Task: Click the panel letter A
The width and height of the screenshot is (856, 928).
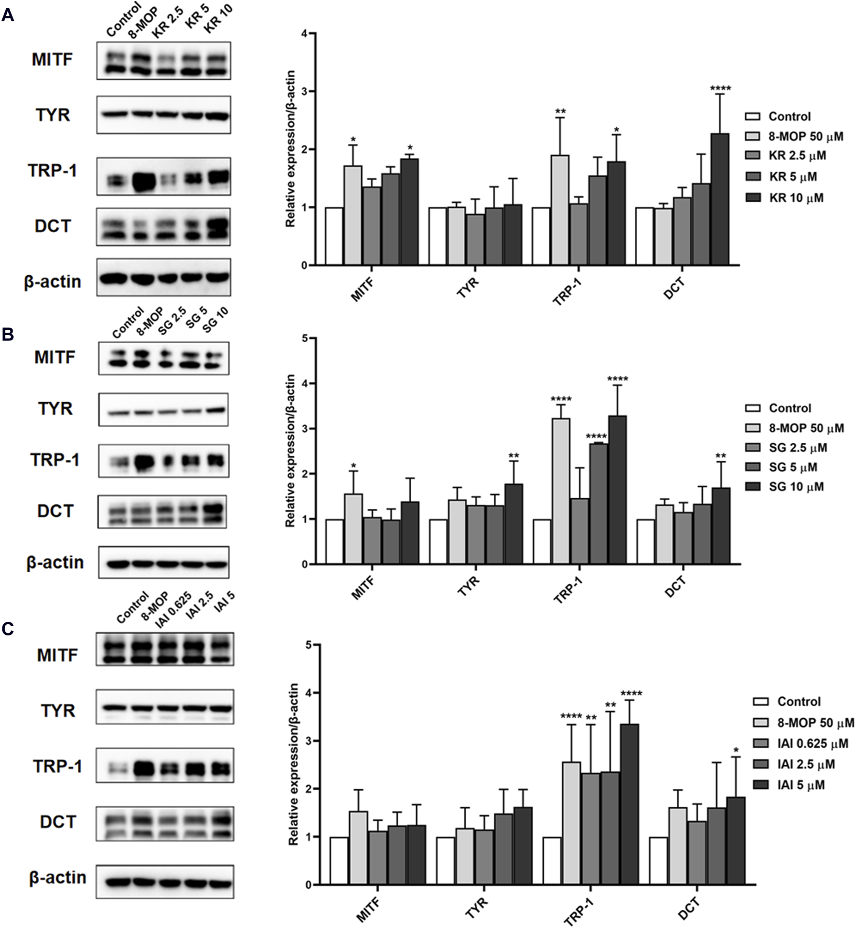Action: pyautogui.click(x=8, y=16)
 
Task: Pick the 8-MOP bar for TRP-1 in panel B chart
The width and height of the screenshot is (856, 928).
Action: pyautogui.click(x=561, y=491)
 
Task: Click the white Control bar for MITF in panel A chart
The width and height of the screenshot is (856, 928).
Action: pyautogui.click(x=334, y=236)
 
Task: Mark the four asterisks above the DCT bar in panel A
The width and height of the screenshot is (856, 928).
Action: pyautogui.click(x=720, y=88)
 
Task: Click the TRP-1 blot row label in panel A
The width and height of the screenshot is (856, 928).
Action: pyautogui.click(x=53, y=170)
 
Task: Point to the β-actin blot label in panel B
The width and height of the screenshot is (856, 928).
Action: pyautogui.click(x=55, y=562)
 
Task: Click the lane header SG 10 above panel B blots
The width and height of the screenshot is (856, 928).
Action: pyautogui.click(x=215, y=321)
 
